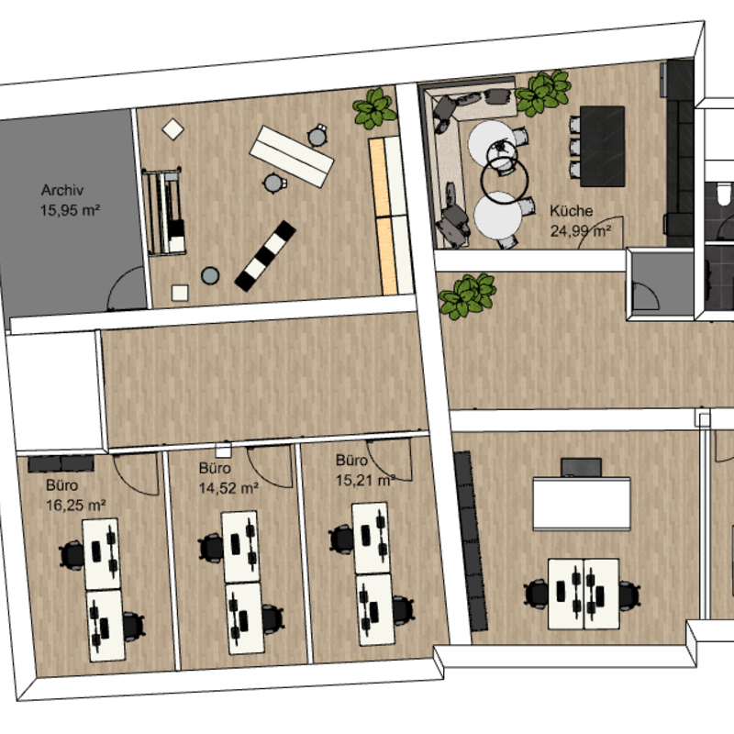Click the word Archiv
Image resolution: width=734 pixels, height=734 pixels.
[63, 191]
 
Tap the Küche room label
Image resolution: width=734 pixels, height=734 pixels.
[572, 211]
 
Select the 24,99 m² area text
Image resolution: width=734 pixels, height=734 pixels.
[580, 230]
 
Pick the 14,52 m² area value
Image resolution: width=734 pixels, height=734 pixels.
[228, 487]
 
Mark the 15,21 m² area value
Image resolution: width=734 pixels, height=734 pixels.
[365, 479]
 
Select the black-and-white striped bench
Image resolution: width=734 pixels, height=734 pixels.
[265, 253]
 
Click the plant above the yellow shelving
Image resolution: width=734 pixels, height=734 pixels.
[375, 109]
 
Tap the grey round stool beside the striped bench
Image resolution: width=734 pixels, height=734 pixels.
[211, 274]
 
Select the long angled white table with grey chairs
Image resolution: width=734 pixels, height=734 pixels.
[293, 154]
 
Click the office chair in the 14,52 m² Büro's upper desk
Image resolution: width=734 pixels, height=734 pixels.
[211, 548]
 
